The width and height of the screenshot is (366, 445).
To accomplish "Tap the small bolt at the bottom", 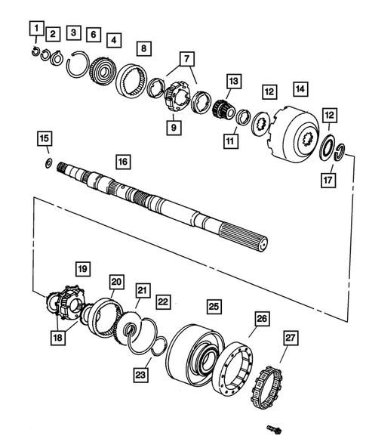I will pos(273,429).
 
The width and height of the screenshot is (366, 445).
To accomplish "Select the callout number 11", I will pos(229,140).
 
